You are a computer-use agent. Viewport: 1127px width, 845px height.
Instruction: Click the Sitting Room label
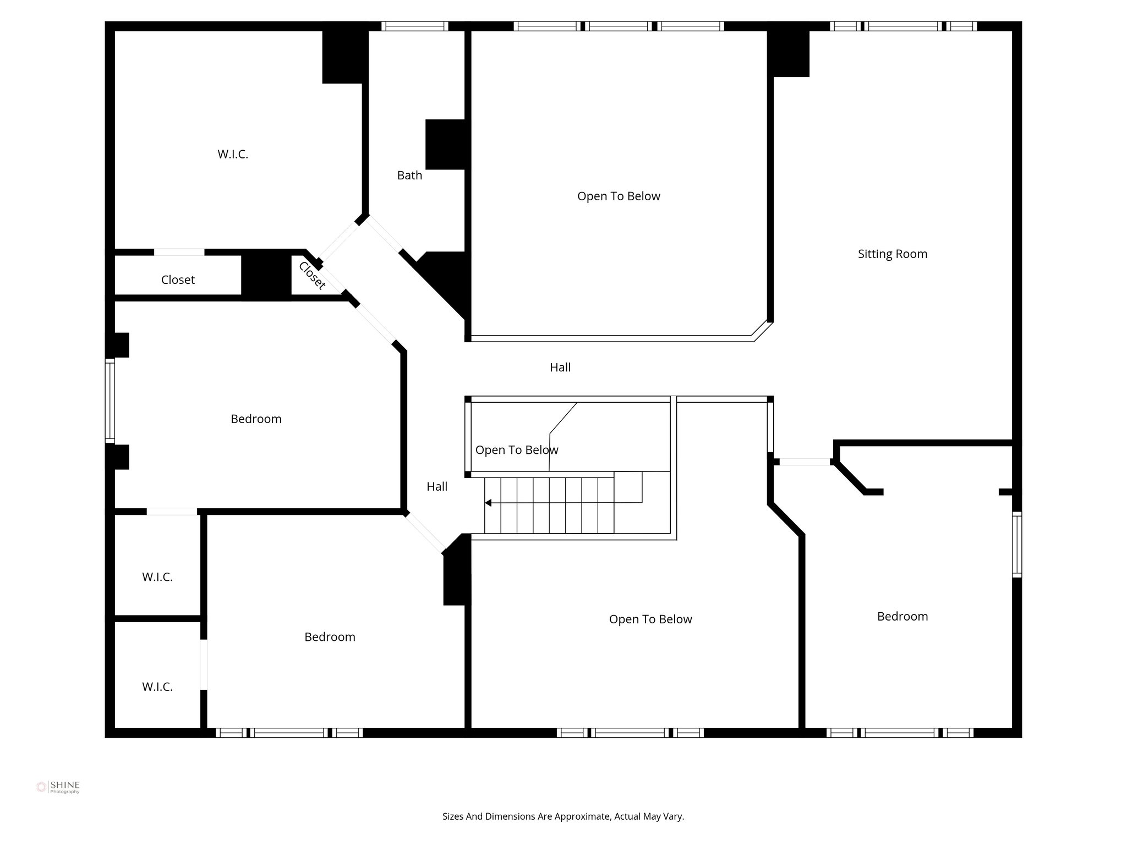892,254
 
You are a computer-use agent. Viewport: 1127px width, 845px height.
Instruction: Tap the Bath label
409,175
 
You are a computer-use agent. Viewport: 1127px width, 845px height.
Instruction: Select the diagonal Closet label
311,276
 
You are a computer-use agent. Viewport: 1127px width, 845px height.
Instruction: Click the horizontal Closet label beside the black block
178,280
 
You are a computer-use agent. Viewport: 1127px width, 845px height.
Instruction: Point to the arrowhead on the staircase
488,503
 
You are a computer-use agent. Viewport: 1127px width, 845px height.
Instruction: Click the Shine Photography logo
58,787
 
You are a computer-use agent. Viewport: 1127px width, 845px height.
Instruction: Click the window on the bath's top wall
414,26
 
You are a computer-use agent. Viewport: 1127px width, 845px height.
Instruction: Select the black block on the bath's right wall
446,144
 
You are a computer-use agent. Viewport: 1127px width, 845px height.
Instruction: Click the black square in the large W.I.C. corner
343,57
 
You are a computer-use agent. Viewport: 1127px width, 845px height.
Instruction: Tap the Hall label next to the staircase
437,487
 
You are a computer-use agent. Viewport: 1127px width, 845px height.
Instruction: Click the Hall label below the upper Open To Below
560,367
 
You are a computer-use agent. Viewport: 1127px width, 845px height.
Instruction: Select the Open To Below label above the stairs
516,451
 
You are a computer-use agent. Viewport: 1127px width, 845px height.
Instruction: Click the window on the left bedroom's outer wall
110,400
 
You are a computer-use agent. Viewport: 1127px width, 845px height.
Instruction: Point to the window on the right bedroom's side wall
1017,544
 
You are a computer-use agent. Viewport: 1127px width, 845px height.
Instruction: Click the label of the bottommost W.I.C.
157,687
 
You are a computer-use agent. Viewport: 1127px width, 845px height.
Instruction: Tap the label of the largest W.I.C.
233,155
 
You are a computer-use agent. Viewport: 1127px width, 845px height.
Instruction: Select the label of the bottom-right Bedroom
902,617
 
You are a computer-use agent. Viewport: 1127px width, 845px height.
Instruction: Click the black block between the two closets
266,275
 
